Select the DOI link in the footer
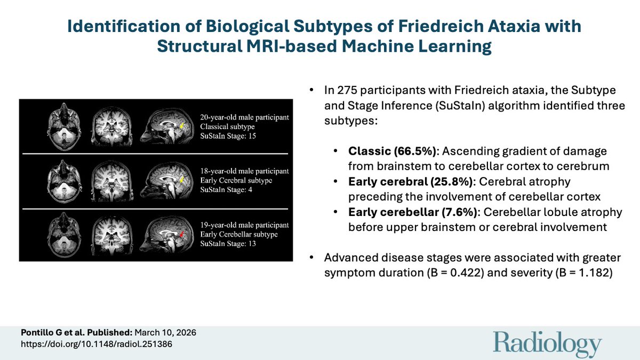pyautogui.click(x=97, y=344)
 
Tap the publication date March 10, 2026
pyautogui.click(x=165, y=333)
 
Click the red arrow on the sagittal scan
pyautogui.click(x=182, y=234)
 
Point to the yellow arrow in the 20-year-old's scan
pyautogui.click(x=182, y=125)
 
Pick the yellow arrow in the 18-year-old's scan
pyautogui.click(x=182, y=179)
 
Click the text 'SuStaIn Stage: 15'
pyautogui.click(x=228, y=136)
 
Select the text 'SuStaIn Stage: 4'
pyautogui.click(x=226, y=190)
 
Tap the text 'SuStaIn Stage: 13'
pyautogui.click(x=228, y=244)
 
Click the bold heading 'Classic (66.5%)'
pyautogui.click(x=393, y=151)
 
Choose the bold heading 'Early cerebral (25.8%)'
pyautogui.click(x=411, y=181)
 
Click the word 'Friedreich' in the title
pyautogui.click(x=440, y=26)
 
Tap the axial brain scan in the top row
pyautogui.click(x=64, y=126)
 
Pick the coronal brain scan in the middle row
pyautogui.click(x=113, y=181)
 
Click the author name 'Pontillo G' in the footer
pyautogui.click(x=42, y=333)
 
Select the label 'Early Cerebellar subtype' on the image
pyautogui.click(x=239, y=235)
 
